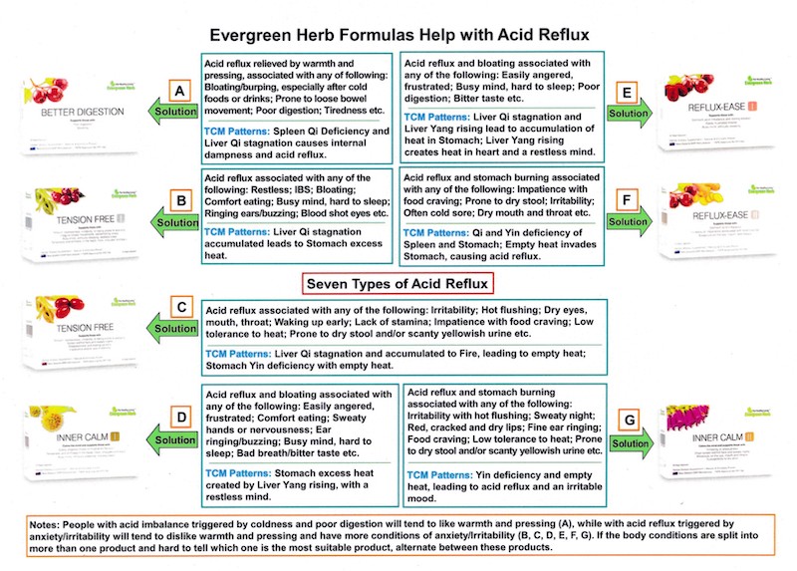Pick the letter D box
click(179, 421)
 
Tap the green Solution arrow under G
click(630, 443)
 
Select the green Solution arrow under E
click(630, 114)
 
